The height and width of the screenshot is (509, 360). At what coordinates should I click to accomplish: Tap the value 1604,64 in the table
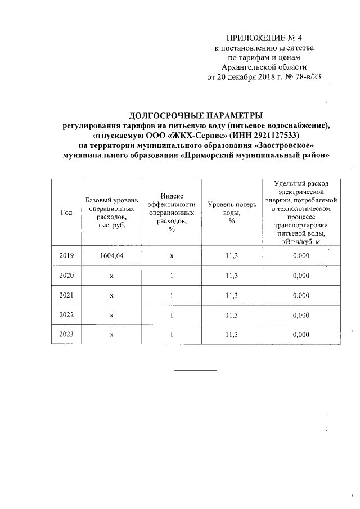click(111, 255)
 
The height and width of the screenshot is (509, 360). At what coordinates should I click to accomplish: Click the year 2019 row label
click(66, 255)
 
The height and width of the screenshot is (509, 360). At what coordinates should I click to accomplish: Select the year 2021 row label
click(66, 295)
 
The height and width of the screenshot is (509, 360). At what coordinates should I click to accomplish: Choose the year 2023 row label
click(66, 334)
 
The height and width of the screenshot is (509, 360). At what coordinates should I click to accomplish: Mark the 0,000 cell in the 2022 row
click(301, 314)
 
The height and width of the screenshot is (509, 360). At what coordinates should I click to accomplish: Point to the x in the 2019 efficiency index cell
click(172, 255)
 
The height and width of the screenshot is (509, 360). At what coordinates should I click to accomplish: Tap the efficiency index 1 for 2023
click(172, 334)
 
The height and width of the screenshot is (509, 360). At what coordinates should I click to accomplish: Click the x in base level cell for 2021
click(111, 295)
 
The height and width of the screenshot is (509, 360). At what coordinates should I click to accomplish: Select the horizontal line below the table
click(195, 370)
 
